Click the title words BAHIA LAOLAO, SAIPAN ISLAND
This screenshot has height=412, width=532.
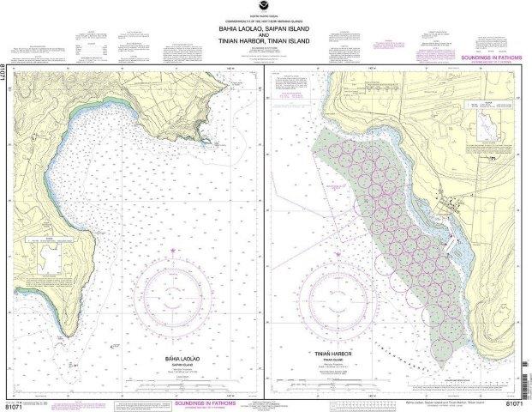(x=266, y=26)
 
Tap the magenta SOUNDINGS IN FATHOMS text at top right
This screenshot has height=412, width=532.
(x=488, y=58)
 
